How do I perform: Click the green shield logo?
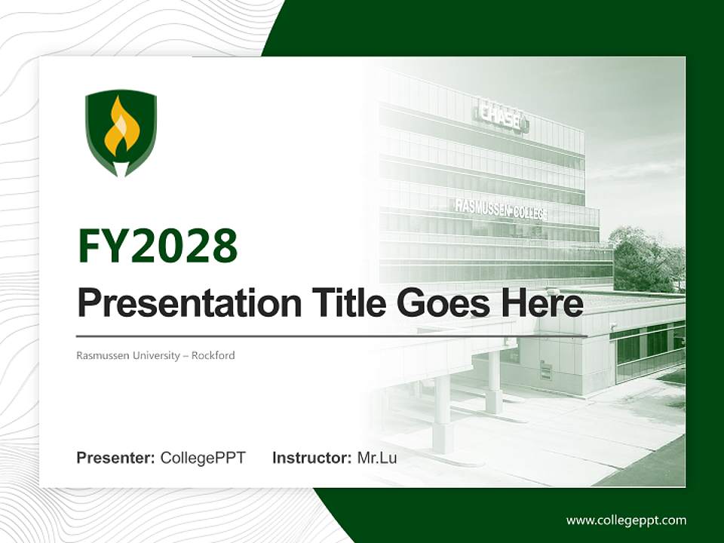click(x=121, y=133)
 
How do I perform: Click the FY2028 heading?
click(x=158, y=247)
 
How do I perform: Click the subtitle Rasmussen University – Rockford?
click(x=155, y=355)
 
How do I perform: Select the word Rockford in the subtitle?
click(x=213, y=355)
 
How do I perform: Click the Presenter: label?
click(x=116, y=458)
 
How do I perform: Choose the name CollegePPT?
click(x=203, y=458)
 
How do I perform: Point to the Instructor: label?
click(x=311, y=458)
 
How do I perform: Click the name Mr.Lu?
click(x=377, y=458)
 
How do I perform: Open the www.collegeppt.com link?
click(x=626, y=520)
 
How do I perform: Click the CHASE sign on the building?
click(x=501, y=115)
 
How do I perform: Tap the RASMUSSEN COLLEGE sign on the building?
click(x=500, y=209)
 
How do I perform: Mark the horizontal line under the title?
click(x=332, y=336)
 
